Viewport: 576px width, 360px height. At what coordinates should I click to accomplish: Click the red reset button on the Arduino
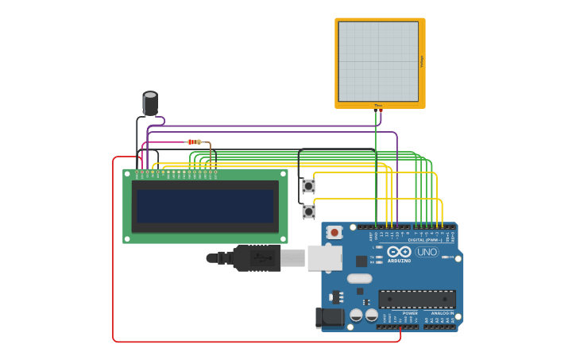click(x=335, y=232)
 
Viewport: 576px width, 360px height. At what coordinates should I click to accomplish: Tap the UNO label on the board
click(x=427, y=252)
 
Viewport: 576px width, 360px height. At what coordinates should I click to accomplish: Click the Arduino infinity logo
click(x=399, y=252)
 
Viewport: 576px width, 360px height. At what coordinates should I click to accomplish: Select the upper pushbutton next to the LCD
click(x=308, y=186)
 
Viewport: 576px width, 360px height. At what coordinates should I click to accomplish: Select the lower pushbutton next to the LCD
click(x=308, y=211)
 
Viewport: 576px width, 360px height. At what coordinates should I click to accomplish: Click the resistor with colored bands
click(x=194, y=141)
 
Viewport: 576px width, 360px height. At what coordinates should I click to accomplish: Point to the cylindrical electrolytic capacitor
click(x=150, y=103)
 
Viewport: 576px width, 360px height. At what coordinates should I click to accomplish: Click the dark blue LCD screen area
click(x=205, y=206)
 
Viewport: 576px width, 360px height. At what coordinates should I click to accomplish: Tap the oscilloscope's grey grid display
click(x=378, y=61)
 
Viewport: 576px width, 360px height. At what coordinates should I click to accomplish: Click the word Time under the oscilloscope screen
click(x=378, y=105)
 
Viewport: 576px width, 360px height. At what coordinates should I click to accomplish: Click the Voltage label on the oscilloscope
click(x=422, y=61)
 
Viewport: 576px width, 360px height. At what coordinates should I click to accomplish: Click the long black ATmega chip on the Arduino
click(x=417, y=299)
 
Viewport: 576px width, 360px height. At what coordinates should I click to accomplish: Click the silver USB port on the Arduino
click(x=324, y=257)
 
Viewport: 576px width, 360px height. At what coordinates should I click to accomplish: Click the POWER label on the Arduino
click(x=410, y=313)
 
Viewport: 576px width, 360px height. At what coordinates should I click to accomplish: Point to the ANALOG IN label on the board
click(x=442, y=313)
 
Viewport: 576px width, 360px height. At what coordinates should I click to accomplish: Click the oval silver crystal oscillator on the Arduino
click(x=359, y=278)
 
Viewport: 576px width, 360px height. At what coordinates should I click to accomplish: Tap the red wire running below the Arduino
click(x=254, y=342)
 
